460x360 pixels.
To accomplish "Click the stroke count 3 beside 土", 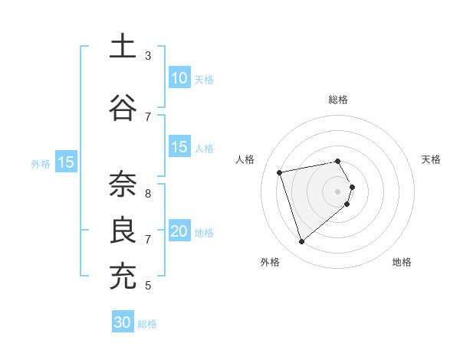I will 148,56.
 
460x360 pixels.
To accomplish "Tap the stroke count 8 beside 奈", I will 148,194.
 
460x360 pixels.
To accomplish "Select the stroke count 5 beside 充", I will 148,286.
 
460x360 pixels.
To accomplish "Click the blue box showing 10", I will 179,78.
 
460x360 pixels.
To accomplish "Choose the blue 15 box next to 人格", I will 179,147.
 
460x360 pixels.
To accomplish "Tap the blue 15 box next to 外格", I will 65,162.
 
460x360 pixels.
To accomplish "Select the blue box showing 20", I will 179,231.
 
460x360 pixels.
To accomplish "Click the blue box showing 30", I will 123,322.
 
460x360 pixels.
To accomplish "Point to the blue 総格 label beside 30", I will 147,324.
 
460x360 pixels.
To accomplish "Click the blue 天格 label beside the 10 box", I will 204,80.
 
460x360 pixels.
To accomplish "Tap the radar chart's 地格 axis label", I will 402,263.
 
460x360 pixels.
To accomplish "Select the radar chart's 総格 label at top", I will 338,100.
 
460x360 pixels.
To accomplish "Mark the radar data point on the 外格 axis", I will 302,242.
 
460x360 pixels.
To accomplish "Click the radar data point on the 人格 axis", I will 280,172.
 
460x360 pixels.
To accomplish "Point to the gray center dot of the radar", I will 338,191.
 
